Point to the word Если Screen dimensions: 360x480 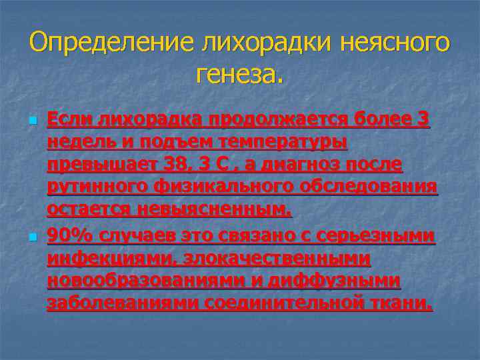pyautogui.click(x=70, y=119)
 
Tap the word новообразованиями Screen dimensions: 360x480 pyautogui.click(x=146, y=281)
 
